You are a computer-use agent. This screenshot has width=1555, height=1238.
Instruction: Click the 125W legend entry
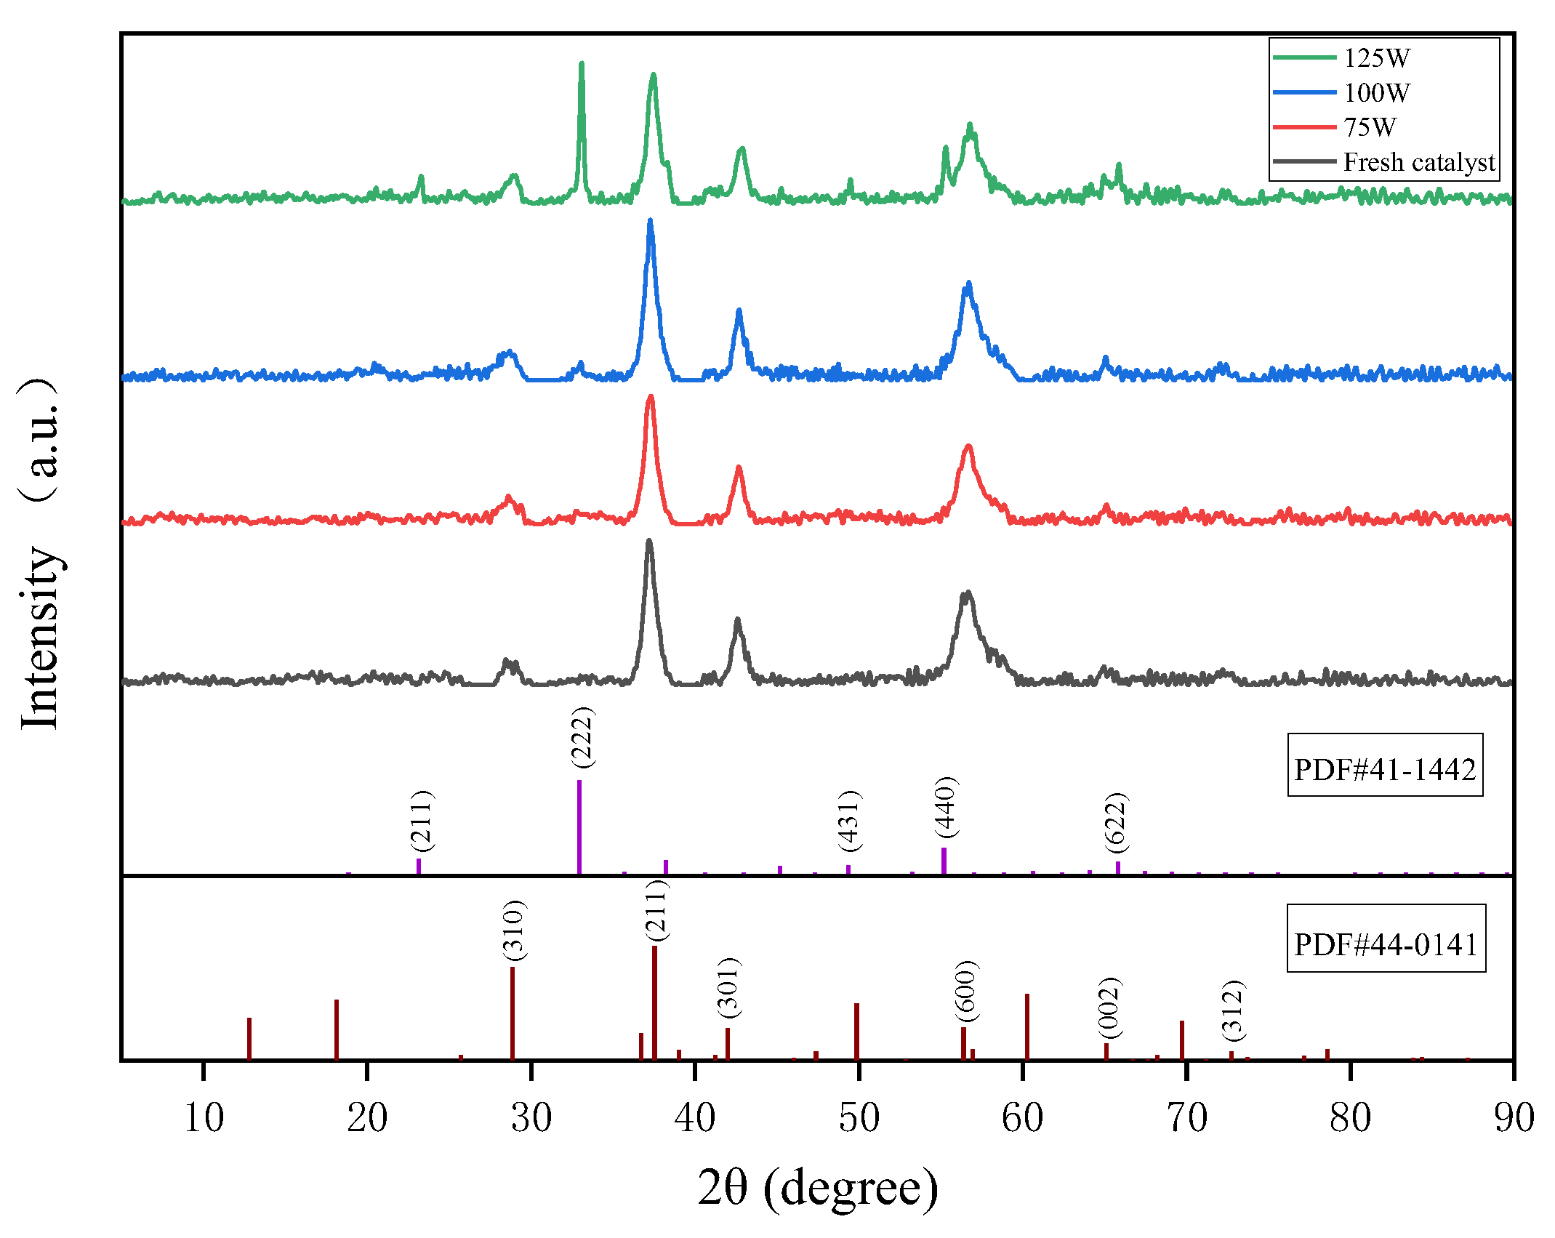click(x=1376, y=58)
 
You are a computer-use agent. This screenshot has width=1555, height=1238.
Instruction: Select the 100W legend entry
click(x=1376, y=93)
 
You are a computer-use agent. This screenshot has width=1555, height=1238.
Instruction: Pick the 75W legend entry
click(x=1370, y=128)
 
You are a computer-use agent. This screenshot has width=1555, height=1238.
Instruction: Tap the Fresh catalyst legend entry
click(x=1418, y=162)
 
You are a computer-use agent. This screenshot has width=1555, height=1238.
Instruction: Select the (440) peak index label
click(x=947, y=807)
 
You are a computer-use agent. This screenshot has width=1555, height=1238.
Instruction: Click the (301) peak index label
click(x=728, y=988)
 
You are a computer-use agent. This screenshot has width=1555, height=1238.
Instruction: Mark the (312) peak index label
click(x=1234, y=1010)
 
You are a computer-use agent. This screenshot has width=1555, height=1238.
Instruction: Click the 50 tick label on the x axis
click(x=859, y=1117)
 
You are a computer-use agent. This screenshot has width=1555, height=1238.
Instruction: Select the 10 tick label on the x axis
click(x=204, y=1117)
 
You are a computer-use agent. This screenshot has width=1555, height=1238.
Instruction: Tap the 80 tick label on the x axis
click(x=1350, y=1117)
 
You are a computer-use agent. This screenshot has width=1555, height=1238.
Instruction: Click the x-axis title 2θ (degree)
click(x=818, y=1187)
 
